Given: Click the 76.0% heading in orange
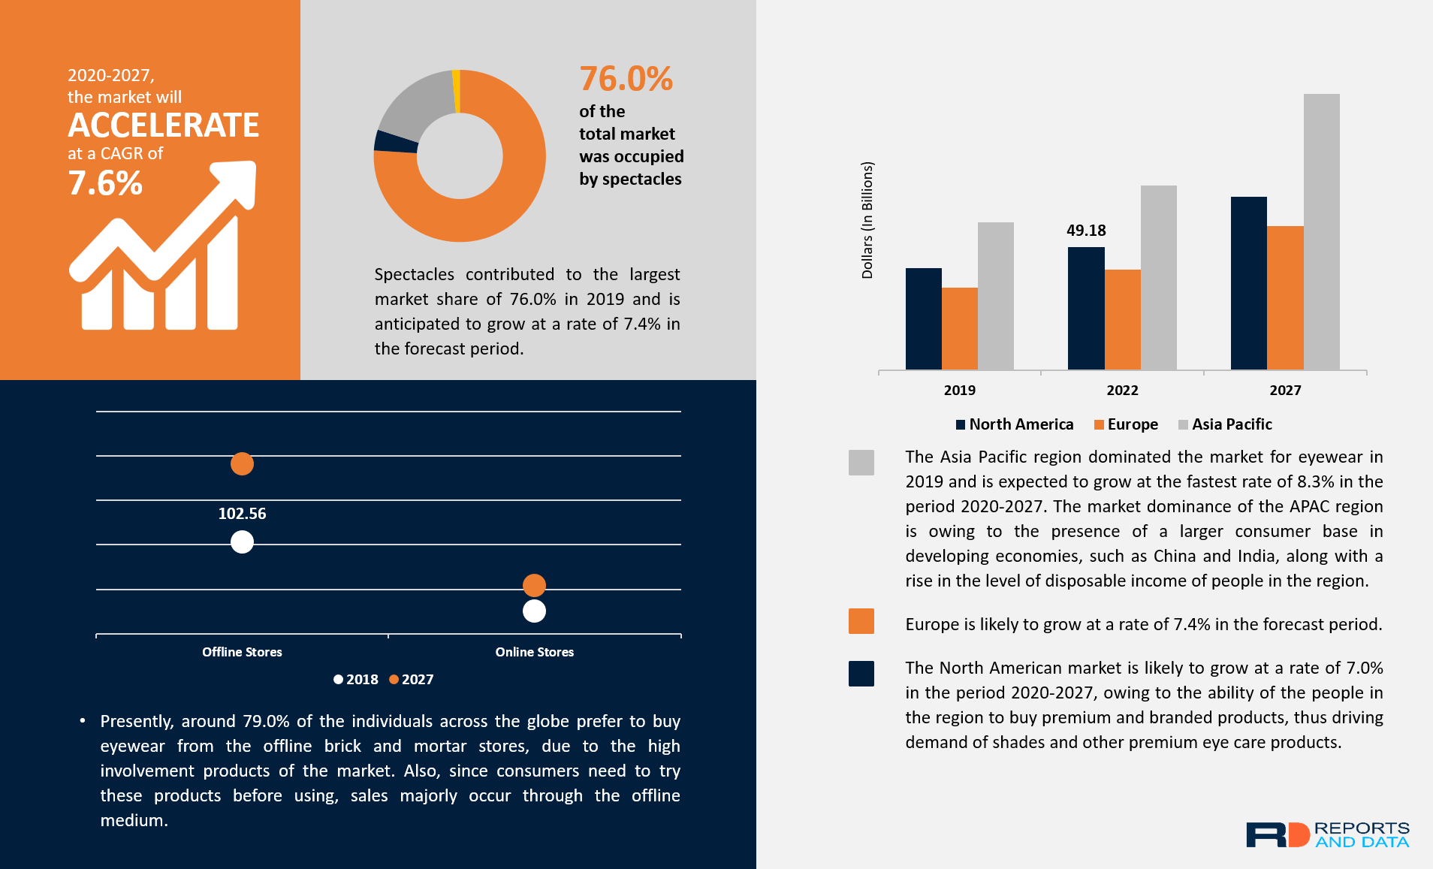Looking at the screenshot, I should (626, 79).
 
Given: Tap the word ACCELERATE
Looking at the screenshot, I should (164, 125).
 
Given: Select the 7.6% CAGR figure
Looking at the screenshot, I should (105, 183).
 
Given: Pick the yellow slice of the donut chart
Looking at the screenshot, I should (457, 90).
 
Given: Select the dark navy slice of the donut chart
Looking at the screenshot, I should (395, 142).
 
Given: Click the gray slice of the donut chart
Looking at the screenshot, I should (415, 105).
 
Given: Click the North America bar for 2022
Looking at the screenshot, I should (1086, 308).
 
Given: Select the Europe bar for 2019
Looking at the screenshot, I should (959, 328).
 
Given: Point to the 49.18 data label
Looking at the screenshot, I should (1086, 231).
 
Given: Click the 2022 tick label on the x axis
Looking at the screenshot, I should (1122, 391).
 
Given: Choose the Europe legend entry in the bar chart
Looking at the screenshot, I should (1126, 424).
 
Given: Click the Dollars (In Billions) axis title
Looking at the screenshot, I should (867, 220).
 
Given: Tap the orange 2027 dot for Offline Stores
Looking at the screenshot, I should (242, 464).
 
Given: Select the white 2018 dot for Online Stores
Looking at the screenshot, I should (534, 611).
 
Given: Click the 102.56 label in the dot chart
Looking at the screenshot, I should (242, 514).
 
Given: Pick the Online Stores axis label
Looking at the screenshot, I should (534, 652).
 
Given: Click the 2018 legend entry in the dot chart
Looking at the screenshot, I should (356, 680).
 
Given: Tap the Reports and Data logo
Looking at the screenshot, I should (1327, 834).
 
